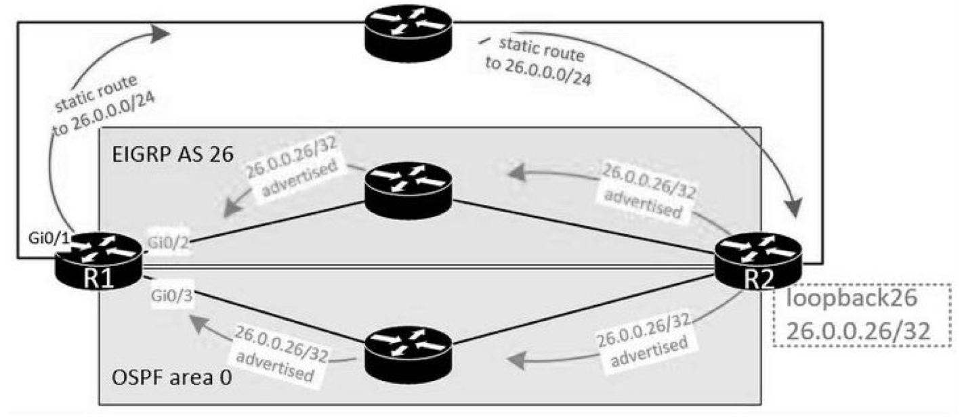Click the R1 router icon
[x=99, y=261]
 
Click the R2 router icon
[x=758, y=261]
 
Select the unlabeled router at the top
[x=408, y=34]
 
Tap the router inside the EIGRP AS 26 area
[x=408, y=191]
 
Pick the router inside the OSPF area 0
[x=408, y=355]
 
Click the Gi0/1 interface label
[x=48, y=238]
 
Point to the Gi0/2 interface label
[x=168, y=243]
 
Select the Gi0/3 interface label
[x=171, y=296]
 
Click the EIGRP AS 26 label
[x=173, y=154]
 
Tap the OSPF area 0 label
[x=171, y=378]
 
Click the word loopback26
[x=852, y=298]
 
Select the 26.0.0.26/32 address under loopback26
[x=858, y=331]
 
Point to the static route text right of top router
[x=539, y=61]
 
